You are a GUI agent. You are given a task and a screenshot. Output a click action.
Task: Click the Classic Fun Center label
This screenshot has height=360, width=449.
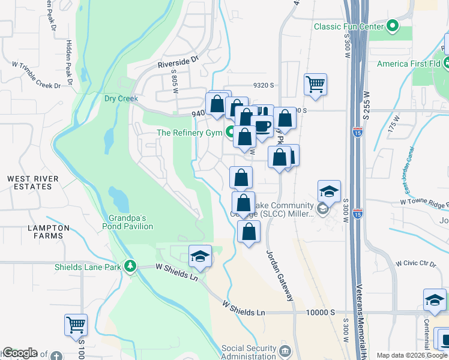coord(349,26)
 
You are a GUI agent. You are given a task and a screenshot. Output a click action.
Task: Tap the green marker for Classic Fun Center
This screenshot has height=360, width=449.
coord(393,26)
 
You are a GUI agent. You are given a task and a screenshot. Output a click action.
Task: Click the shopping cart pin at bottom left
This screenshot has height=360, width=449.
coord(76,325)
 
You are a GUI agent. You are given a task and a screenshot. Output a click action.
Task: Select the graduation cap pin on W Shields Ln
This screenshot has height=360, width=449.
coord(200,257)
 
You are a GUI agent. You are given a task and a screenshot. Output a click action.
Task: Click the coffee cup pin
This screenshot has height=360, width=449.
coord(262,126)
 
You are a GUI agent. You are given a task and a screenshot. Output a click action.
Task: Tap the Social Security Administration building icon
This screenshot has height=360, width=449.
coord(285,349)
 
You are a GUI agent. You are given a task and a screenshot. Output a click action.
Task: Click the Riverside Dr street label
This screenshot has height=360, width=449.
coord(178,61)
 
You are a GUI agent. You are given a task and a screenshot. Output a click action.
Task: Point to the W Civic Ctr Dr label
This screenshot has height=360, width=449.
coord(415,263)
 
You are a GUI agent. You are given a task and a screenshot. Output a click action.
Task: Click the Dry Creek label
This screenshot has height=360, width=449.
coord(121,98)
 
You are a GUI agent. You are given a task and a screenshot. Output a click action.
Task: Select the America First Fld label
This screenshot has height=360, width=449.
coord(410,64)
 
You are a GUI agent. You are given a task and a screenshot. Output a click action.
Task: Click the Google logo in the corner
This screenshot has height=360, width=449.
coord(20,353)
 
